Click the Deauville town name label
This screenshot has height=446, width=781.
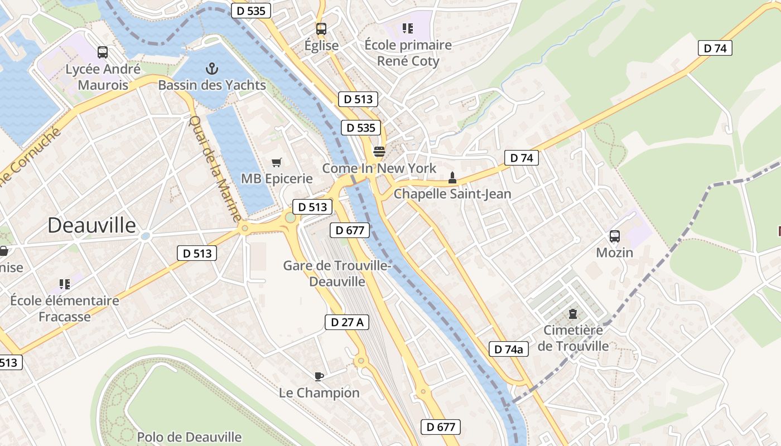(x=91, y=225)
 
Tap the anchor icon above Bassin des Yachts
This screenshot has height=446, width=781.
(x=211, y=69)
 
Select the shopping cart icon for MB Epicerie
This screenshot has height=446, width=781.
(x=276, y=162)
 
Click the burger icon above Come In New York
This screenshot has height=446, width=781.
(x=379, y=151)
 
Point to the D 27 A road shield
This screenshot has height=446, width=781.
(x=346, y=322)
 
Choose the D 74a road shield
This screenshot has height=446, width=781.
(x=508, y=350)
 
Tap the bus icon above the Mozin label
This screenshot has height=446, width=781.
(x=614, y=236)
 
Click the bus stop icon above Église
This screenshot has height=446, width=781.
(x=321, y=28)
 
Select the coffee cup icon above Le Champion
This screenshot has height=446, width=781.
(x=319, y=376)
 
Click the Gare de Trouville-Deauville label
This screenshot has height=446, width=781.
(x=336, y=273)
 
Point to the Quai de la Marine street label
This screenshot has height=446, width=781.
(x=215, y=168)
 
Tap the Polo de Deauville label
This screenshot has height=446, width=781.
(x=189, y=437)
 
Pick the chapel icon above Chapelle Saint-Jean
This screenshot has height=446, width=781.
(x=452, y=178)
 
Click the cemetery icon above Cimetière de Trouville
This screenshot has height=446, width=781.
(x=573, y=314)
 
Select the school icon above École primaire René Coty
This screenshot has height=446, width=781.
(x=408, y=28)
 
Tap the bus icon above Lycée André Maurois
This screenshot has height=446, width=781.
(x=103, y=52)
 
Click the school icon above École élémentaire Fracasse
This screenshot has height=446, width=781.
(x=65, y=284)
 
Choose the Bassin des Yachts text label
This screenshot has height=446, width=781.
(x=212, y=85)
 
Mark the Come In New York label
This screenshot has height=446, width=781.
(x=379, y=168)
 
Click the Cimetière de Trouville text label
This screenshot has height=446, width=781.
(x=573, y=338)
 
